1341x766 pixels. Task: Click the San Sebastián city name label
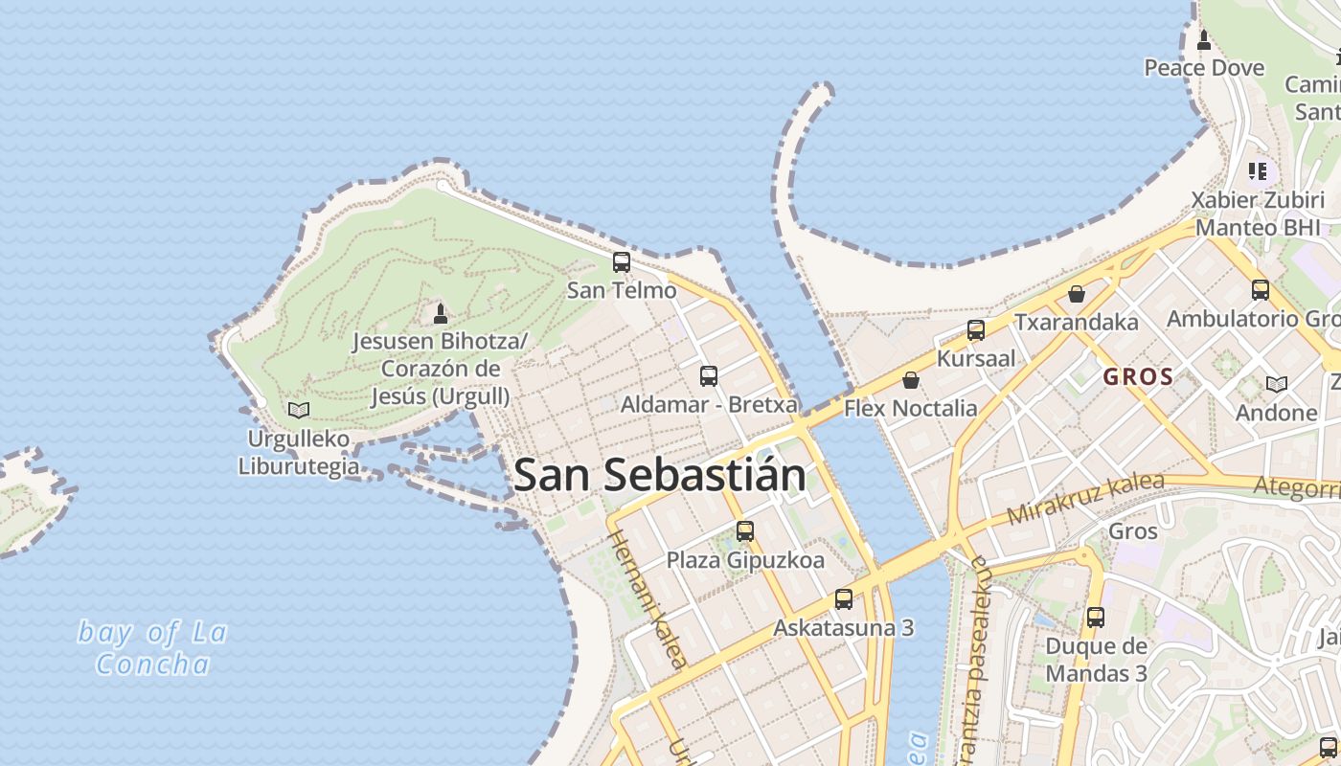tap(659, 475)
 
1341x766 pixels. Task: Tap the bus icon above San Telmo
tap(622, 261)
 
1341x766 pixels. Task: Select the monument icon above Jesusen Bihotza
tap(441, 313)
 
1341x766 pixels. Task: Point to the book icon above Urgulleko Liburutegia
tap(299, 410)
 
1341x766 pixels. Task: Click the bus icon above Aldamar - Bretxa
tap(709, 376)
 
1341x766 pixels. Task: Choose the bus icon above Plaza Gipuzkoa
tap(745, 531)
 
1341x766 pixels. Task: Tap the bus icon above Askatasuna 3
tap(843, 599)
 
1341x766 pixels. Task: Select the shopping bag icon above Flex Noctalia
tap(910, 380)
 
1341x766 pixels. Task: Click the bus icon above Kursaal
tap(975, 330)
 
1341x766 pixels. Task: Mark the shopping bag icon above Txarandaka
tap(1077, 293)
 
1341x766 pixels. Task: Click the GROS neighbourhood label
tap(1138, 377)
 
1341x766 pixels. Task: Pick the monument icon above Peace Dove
tap(1204, 40)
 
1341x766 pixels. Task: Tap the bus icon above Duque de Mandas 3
tap(1096, 618)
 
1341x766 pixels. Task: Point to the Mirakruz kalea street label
tap(1085, 500)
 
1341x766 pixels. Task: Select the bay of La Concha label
tap(153, 648)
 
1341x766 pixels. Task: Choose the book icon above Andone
tap(1276, 384)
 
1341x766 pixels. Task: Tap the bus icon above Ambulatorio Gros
tap(1261, 289)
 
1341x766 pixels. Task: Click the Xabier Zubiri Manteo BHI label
tap(1256, 214)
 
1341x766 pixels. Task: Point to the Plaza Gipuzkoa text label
tap(745, 560)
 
